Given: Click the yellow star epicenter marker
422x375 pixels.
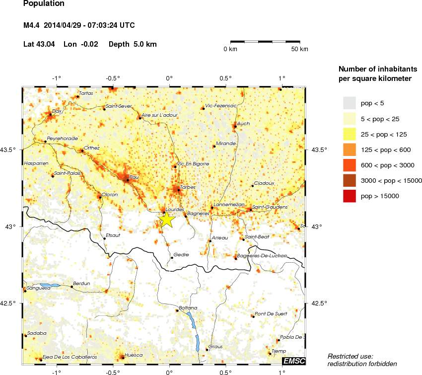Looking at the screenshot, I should (x=167, y=219).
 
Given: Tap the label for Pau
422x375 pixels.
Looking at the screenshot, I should (x=134, y=177).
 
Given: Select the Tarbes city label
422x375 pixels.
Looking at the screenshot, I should (x=187, y=187).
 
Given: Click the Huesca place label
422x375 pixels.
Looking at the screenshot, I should (x=134, y=355).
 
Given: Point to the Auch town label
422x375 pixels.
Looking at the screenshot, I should (x=243, y=123).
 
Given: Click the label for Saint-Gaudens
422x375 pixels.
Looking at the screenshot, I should (x=270, y=207).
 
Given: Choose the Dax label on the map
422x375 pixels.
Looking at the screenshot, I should (x=57, y=111).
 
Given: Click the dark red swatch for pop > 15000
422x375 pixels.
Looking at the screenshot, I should (x=350, y=196).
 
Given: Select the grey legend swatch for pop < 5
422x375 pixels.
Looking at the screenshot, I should (x=350, y=103).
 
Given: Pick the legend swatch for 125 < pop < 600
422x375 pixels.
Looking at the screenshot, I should (x=350, y=150).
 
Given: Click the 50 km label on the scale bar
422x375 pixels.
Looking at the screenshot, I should (x=299, y=49).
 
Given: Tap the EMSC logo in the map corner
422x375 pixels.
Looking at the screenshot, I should (x=294, y=360).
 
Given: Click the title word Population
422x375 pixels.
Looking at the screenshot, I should (x=44, y=3).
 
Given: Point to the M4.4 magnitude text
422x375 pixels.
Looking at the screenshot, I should (x=34, y=25).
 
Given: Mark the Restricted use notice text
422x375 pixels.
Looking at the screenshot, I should (x=351, y=356).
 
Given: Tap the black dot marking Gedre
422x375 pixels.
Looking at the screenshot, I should (x=172, y=257).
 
